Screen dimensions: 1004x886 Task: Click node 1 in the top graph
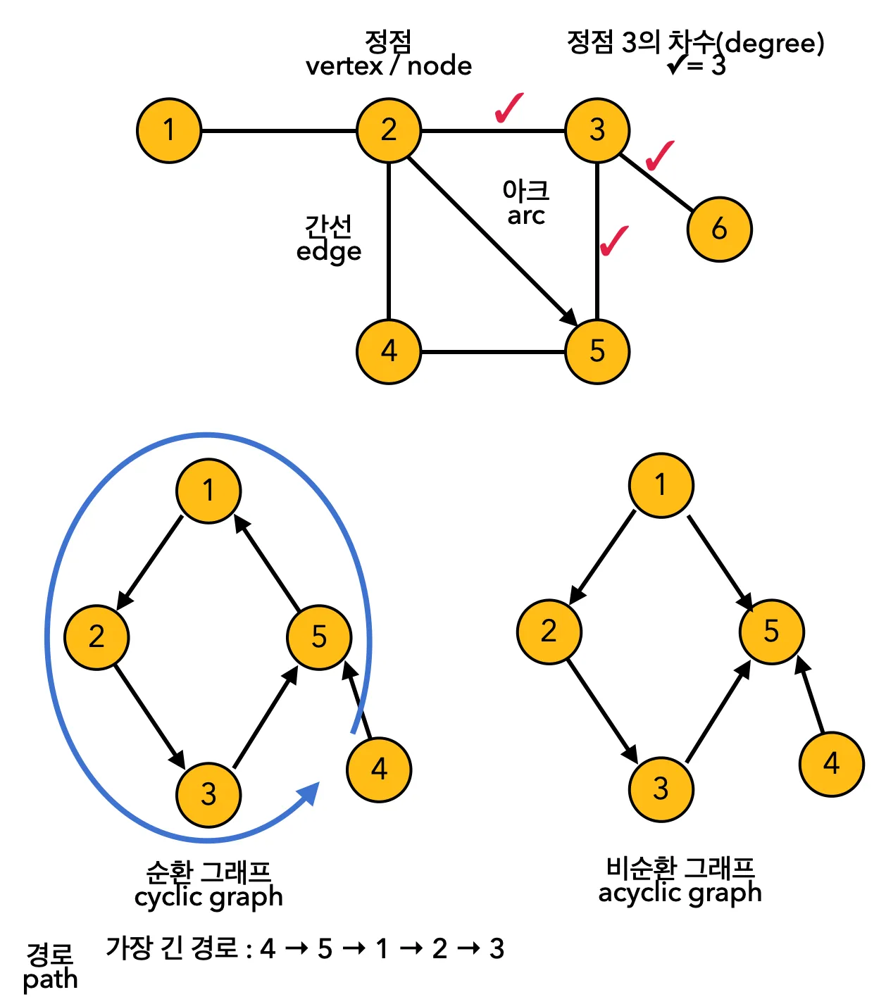(169, 130)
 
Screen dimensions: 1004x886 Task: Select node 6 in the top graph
(719, 229)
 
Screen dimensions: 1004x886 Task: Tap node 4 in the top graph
(389, 351)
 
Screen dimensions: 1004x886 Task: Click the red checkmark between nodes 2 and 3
(508, 108)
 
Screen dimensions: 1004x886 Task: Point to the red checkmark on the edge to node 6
(659, 155)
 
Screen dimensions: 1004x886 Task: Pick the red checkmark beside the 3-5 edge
(613, 241)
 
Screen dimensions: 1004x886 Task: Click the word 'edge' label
(329, 251)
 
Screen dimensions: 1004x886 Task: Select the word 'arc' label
(526, 215)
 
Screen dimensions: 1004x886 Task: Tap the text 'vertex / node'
(389, 66)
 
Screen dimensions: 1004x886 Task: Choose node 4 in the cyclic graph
(379, 770)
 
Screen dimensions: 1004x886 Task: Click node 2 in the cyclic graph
(96, 637)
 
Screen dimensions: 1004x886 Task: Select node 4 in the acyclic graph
(832, 764)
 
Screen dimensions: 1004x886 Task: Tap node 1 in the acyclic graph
(661, 485)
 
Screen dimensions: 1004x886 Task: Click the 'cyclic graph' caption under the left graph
(208, 897)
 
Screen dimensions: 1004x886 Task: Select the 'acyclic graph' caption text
(680, 893)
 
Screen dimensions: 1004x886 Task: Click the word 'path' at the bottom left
(50, 979)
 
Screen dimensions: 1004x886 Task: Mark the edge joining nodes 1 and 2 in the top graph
(279, 130)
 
